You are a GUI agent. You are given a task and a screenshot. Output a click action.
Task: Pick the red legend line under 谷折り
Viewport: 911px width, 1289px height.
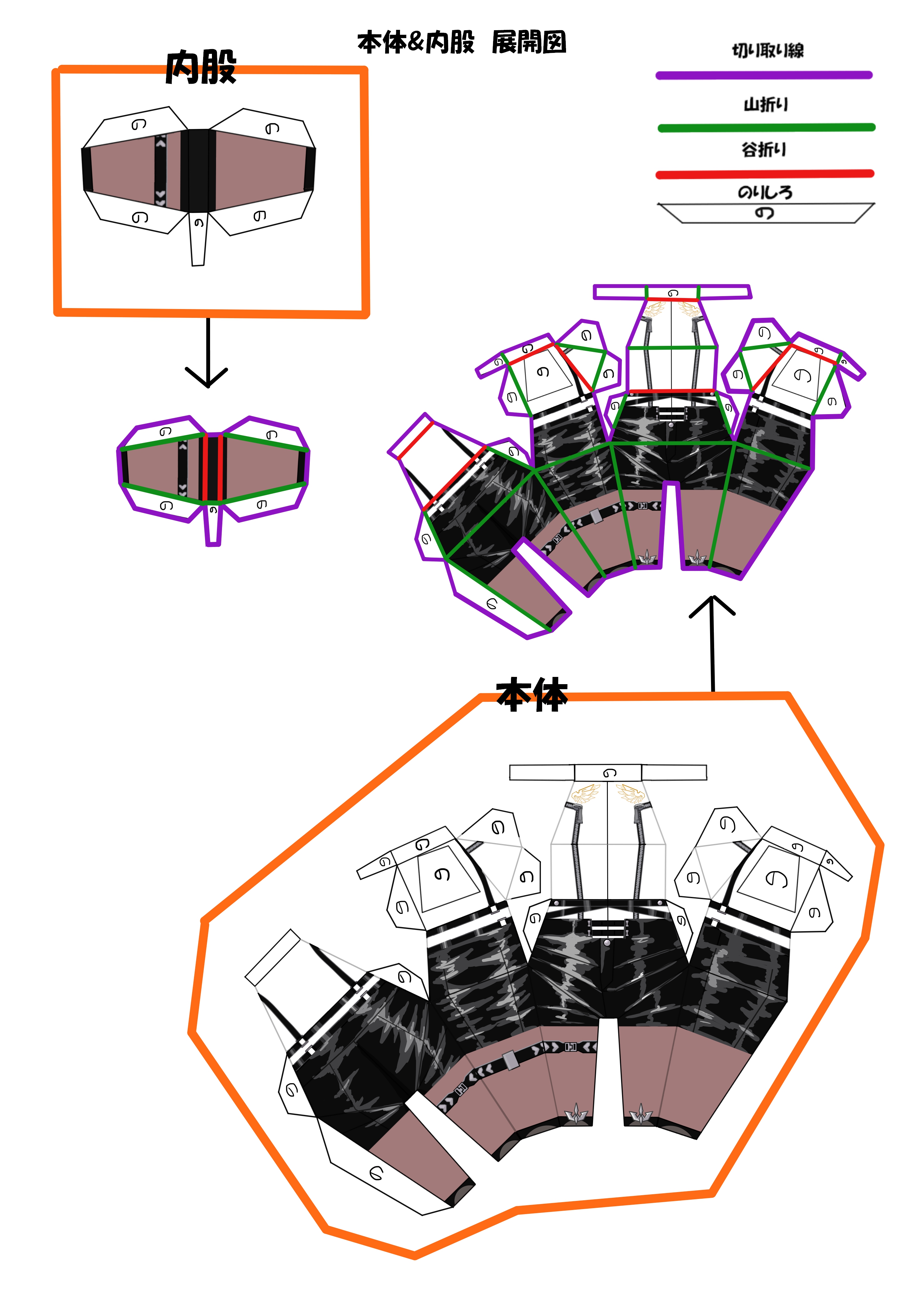click(764, 174)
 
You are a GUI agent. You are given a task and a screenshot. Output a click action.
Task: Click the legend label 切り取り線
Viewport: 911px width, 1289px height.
click(767, 51)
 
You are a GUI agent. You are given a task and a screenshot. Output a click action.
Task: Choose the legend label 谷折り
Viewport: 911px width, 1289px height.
click(764, 149)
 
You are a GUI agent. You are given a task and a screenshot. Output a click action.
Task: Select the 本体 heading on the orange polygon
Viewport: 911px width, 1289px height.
click(532, 695)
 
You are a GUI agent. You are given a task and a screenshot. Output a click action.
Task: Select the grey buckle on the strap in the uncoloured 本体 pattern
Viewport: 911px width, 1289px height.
click(511, 1061)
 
